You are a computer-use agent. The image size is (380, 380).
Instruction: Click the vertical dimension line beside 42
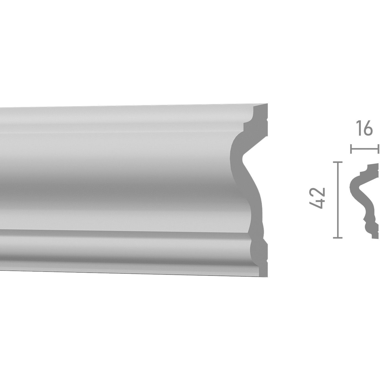(337, 199)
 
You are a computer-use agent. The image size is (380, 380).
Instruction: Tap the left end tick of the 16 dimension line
(351, 149)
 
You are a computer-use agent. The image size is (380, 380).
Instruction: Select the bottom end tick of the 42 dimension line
(337, 237)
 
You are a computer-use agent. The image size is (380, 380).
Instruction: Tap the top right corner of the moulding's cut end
(268, 104)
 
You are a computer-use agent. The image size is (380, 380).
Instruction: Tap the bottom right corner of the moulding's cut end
(268, 276)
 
